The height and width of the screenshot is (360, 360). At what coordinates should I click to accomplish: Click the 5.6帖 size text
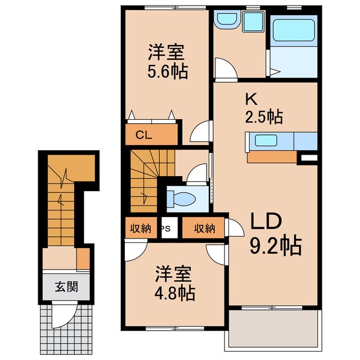168,71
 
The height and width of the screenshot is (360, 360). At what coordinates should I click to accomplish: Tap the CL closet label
145,135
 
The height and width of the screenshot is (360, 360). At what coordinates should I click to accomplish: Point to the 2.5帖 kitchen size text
263,117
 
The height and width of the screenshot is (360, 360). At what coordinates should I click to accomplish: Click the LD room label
265,222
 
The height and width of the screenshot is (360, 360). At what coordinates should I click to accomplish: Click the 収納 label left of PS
141,228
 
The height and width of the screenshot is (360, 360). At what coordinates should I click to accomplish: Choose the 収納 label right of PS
205,228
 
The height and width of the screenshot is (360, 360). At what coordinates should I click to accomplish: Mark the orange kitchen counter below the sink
272,156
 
